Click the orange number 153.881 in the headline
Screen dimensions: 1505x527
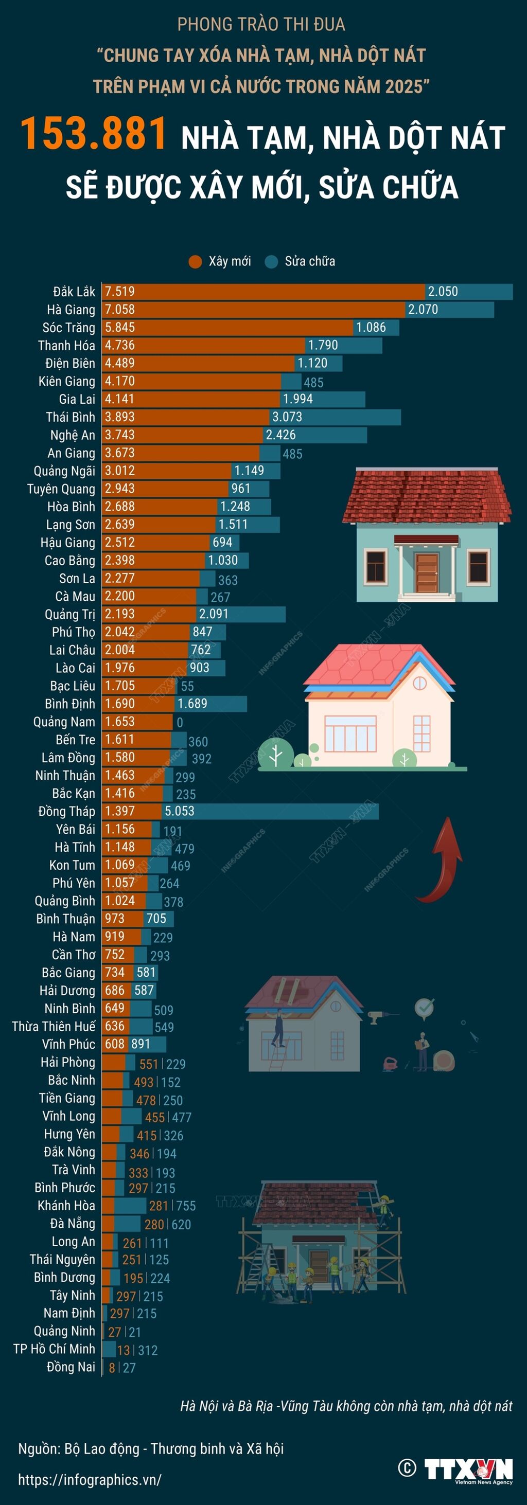pyautogui.click(x=94, y=134)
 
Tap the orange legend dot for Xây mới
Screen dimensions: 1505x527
pyautogui.click(x=195, y=261)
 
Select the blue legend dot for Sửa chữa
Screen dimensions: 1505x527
pyautogui.click(x=271, y=261)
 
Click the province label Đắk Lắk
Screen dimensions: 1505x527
pyautogui.click(x=74, y=292)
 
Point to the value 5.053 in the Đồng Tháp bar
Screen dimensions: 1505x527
pyautogui.click(x=180, y=811)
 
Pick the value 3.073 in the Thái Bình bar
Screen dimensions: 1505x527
pyautogui.click(x=287, y=417)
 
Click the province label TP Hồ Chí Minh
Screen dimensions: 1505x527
pyautogui.click(x=54, y=1349)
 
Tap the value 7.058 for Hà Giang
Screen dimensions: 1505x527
pyautogui.click(x=120, y=309)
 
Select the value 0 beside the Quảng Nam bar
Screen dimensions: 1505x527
pyautogui.click(x=180, y=723)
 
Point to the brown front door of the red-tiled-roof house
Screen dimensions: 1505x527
pyautogui.click(x=427, y=572)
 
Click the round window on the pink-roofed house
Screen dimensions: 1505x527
pyautogui.click(x=419, y=684)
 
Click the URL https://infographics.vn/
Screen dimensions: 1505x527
pyautogui.click(x=90, y=1479)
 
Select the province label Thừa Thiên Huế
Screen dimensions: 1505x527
pyautogui.click(x=53, y=1026)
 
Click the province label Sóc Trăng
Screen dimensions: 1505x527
pyautogui.click(x=68, y=327)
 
